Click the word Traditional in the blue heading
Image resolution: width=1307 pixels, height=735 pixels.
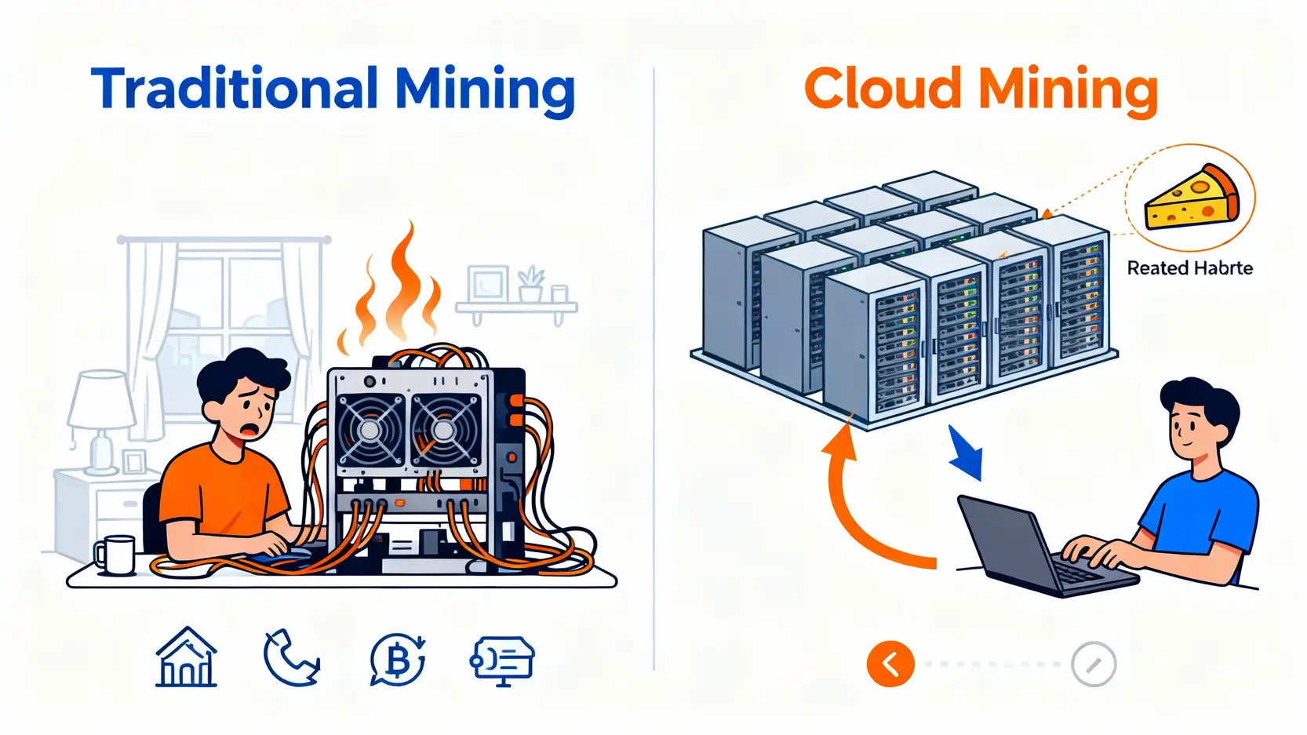click(x=235, y=88)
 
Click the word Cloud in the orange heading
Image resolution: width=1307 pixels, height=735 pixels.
click(x=883, y=88)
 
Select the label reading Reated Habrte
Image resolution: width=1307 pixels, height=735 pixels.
click(x=1189, y=268)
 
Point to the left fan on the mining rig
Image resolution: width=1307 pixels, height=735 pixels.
click(x=371, y=430)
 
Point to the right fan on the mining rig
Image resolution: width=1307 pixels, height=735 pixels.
click(x=443, y=430)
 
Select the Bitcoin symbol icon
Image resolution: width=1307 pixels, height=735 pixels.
click(x=398, y=660)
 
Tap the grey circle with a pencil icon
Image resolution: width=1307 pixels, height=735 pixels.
click(x=1094, y=664)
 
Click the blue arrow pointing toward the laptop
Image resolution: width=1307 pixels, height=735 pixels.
click(x=966, y=453)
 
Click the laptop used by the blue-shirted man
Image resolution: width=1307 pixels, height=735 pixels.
click(x=1036, y=549)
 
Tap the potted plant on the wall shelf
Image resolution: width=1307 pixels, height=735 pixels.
click(x=531, y=285)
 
